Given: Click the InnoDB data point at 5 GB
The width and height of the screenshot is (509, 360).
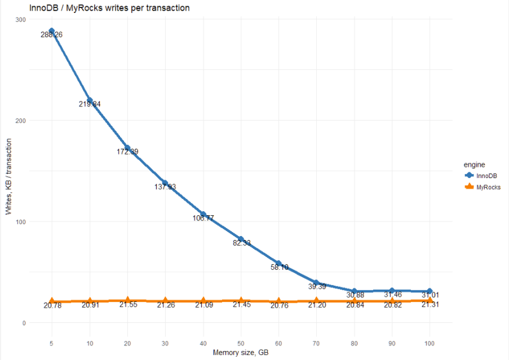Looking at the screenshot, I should click(x=52, y=31).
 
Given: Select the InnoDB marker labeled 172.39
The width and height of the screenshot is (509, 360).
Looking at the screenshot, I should click(x=127, y=148).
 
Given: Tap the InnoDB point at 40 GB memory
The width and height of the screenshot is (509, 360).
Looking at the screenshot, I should click(x=203, y=215).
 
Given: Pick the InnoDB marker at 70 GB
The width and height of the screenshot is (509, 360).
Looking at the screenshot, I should click(x=316, y=283).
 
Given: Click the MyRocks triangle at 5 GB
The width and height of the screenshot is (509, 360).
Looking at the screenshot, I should click(x=52, y=301).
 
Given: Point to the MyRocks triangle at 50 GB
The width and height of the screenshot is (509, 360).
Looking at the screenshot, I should click(x=241, y=301).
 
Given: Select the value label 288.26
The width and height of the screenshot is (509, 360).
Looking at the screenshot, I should click(x=52, y=35).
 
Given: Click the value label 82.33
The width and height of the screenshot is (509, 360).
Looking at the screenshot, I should click(x=241, y=243).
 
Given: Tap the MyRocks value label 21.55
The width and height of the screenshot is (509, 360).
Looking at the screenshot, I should click(x=127, y=304).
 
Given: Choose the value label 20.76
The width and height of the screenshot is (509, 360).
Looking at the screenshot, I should click(x=278, y=305).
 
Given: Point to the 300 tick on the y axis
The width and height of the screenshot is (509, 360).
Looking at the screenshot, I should click(x=21, y=19).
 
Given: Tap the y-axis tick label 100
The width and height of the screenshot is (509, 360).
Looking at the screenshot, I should click(x=21, y=221).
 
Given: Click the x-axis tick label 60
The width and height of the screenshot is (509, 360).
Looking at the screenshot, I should click(x=278, y=343).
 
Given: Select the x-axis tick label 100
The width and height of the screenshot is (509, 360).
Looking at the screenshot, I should click(x=430, y=343).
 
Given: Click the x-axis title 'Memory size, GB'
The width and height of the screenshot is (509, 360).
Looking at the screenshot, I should click(x=241, y=353).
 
